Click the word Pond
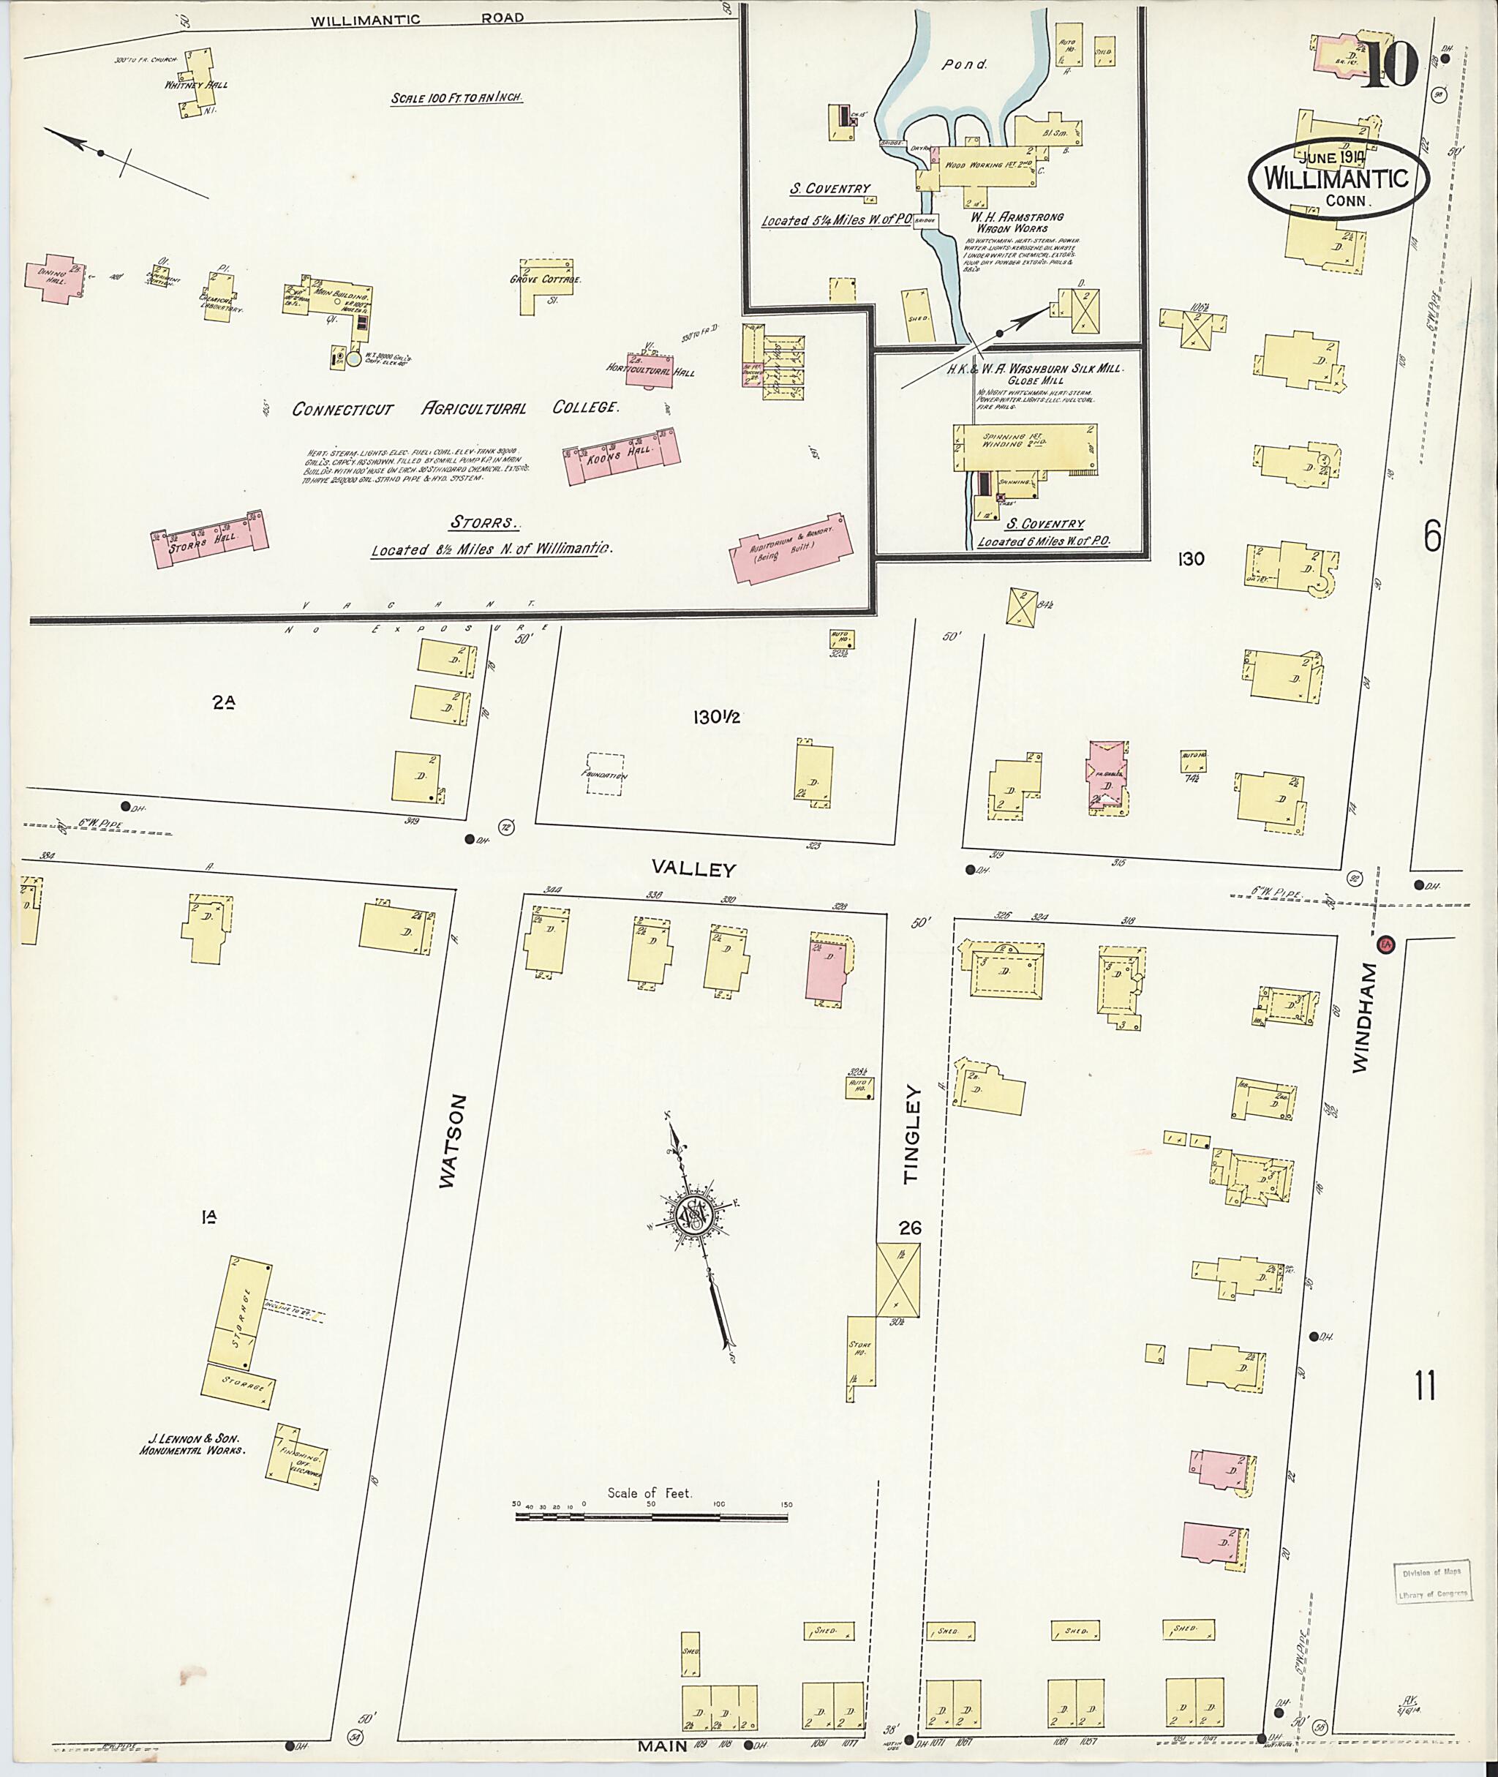coord(965,64)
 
